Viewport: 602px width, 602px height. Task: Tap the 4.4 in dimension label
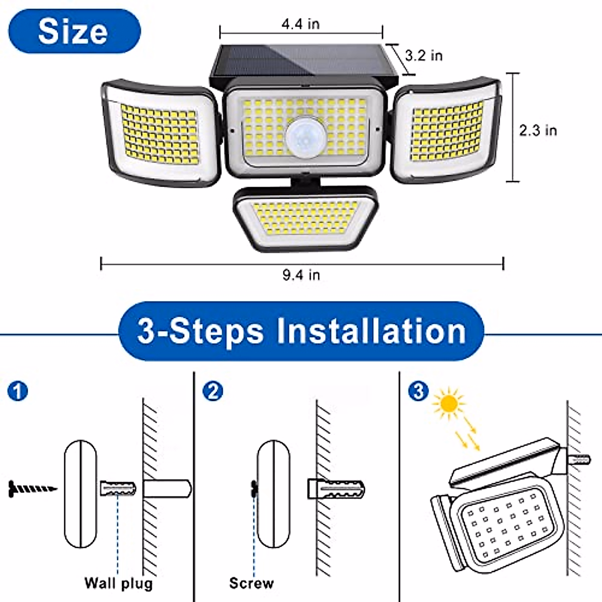300,24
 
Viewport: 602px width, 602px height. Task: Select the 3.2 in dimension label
424,55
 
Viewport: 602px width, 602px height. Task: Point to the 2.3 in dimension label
538,130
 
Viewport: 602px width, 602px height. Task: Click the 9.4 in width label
301,275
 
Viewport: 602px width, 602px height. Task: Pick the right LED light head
445,130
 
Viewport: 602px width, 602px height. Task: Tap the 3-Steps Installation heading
302,331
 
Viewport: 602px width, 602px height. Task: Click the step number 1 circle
18,391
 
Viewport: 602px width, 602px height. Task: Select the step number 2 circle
213,391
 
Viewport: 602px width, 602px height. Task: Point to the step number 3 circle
419,391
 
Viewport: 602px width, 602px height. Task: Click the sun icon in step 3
448,403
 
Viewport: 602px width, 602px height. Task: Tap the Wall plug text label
118,583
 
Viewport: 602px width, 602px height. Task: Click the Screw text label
251,583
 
